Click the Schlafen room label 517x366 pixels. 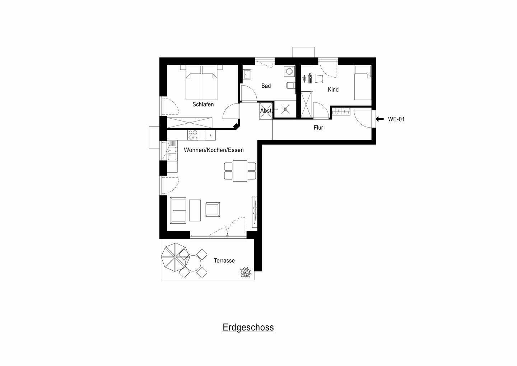tap(203, 105)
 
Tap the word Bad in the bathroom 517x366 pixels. tap(266, 86)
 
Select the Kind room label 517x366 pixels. tap(333, 90)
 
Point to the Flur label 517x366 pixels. tap(318, 128)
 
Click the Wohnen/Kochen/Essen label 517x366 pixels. tap(214, 150)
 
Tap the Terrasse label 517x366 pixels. tap(224, 261)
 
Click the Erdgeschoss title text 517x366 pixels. tap(248, 328)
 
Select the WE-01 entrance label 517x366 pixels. tap(396, 119)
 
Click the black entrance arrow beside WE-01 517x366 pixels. tap(379, 119)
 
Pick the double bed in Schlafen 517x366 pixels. tap(202, 83)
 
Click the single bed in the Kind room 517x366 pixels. tap(363, 83)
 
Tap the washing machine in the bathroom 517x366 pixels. tap(289, 72)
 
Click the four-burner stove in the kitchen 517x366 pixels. tap(192, 135)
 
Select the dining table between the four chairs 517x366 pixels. tap(240, 171)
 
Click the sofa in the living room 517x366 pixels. tap(178, 209)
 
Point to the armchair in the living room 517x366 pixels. tap(213, 209)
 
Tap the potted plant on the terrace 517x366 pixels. tap(246, 272)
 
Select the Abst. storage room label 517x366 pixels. tap(266, 111)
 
